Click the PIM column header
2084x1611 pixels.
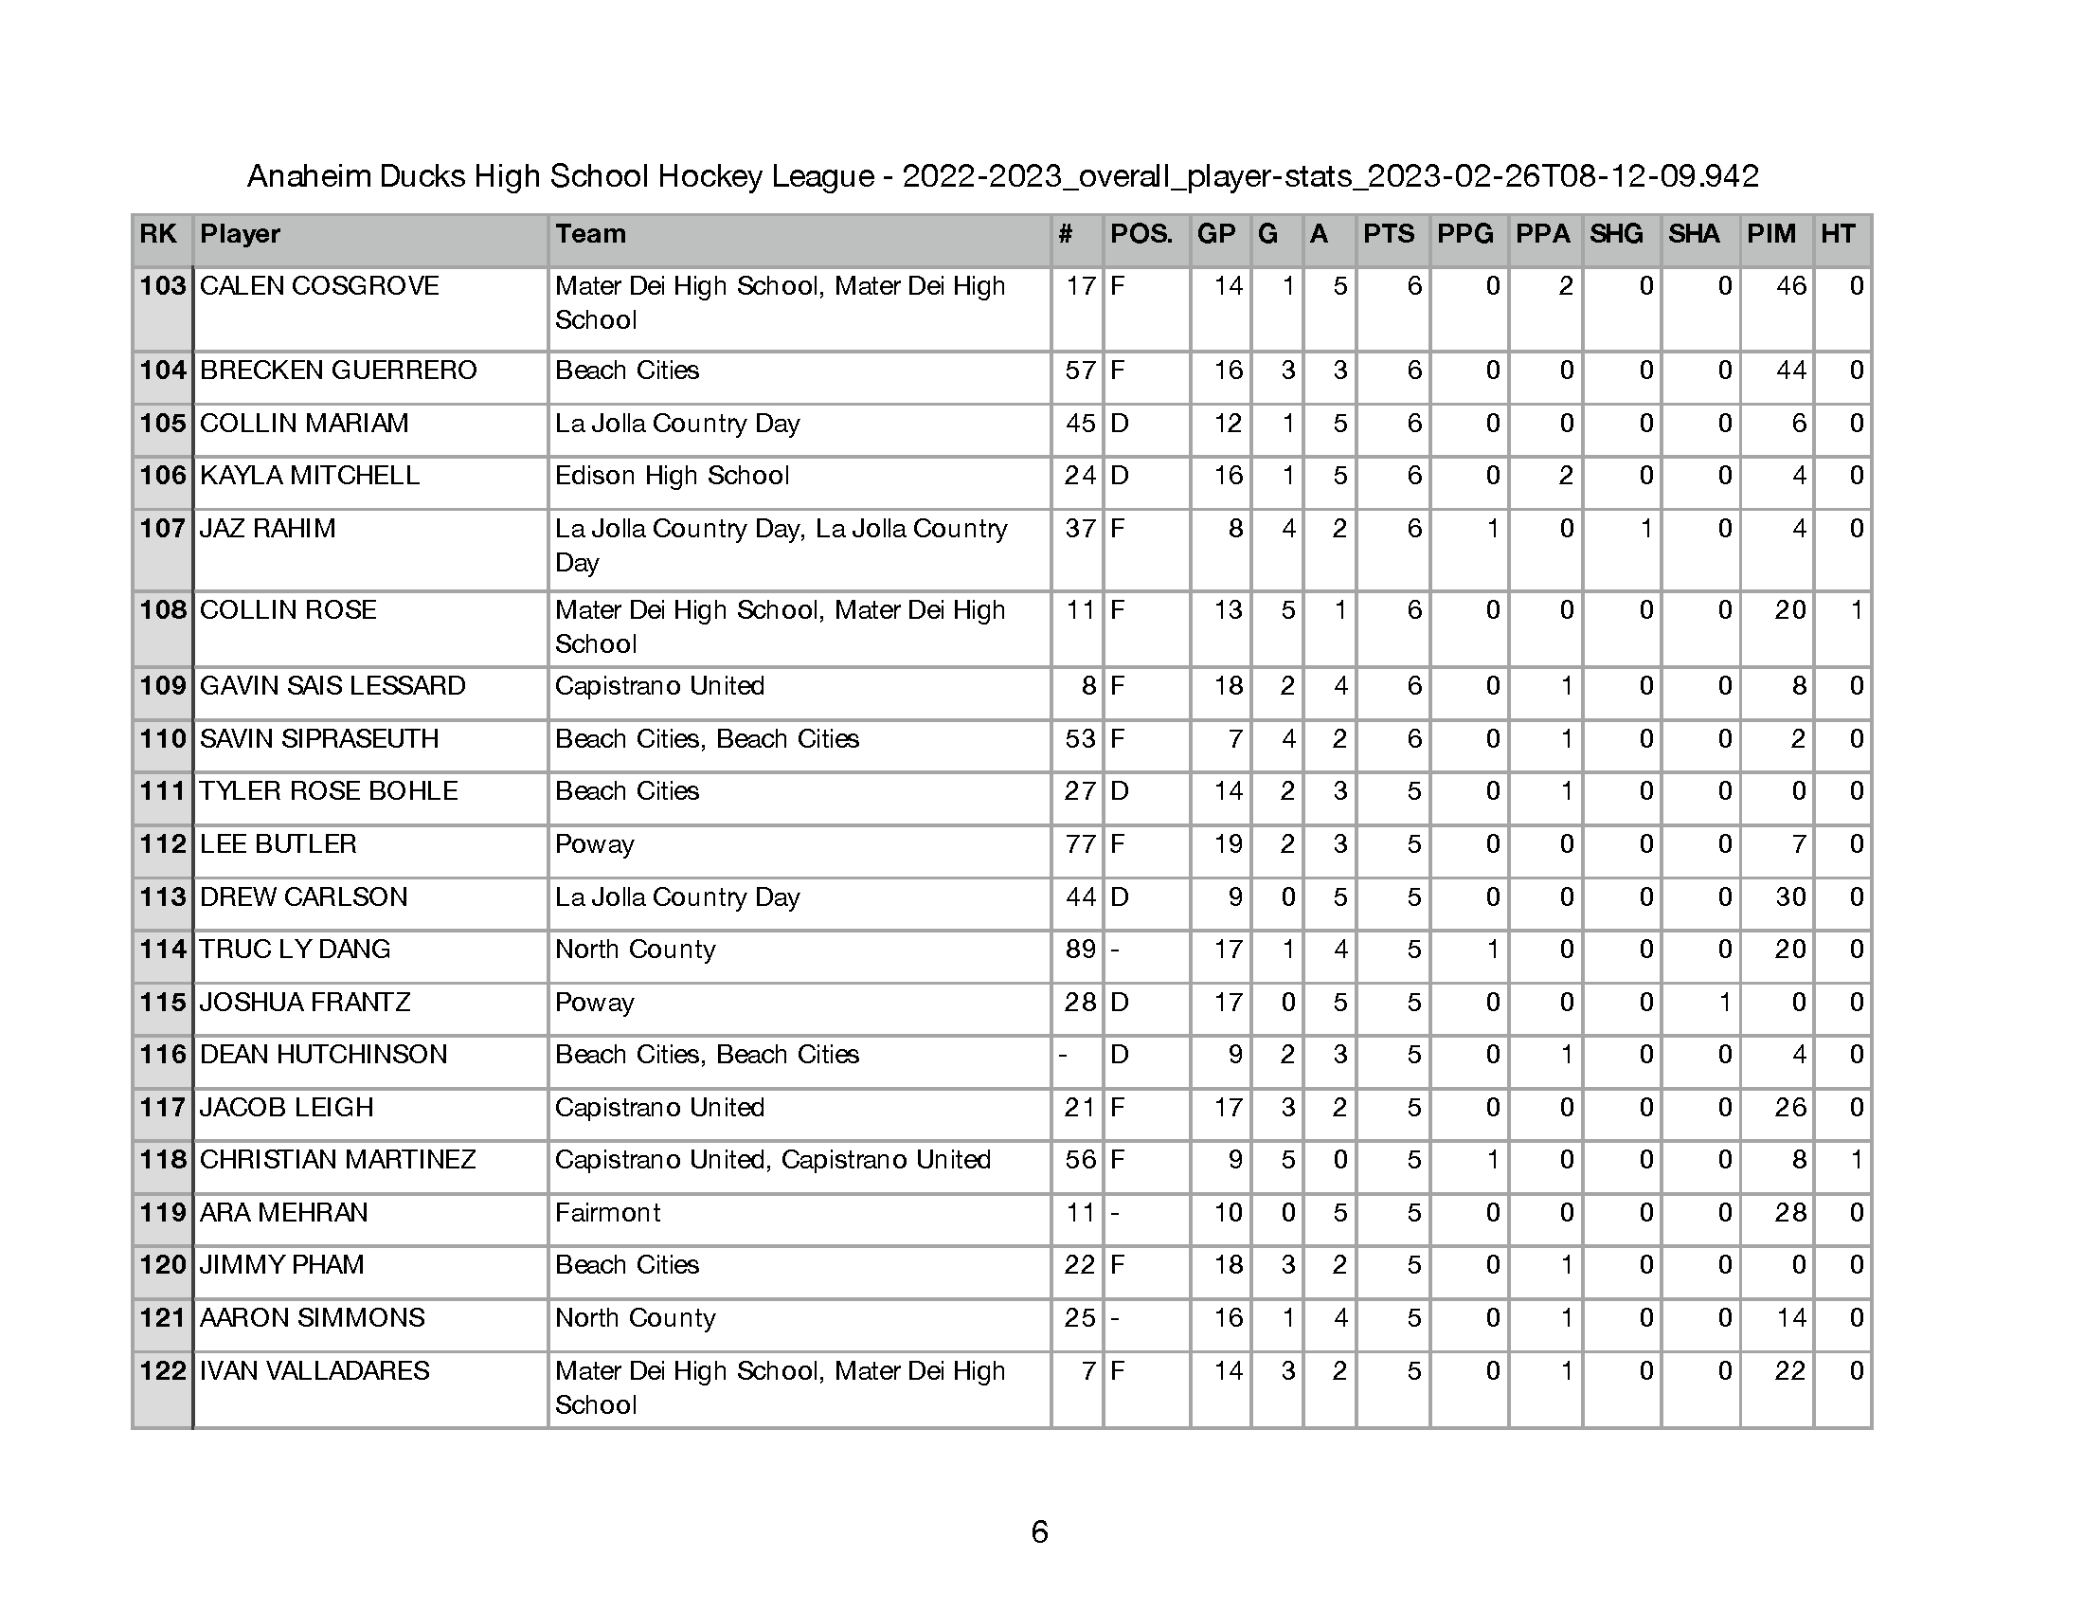(1771, 235)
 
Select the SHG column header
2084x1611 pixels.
(1615, 235)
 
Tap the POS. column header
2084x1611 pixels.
(1141, 235)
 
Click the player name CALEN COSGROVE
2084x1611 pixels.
(318, 286)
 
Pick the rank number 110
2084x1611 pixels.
(162, 740)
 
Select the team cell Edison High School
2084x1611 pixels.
(672, 477)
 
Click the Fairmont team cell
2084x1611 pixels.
(608, 1213)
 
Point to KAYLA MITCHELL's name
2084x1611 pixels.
(309, 477)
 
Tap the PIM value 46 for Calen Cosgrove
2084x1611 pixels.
(1790, 286)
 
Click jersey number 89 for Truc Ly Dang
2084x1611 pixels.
(1080, 950)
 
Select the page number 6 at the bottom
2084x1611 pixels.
(1040, 1531)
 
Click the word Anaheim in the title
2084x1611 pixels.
(308, 176)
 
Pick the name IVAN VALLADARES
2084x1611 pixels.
(314, 1371)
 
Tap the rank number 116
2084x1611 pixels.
(162, 1055)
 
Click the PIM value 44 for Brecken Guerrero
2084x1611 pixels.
(1790, 371)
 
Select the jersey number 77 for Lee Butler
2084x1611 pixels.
(1080, 844)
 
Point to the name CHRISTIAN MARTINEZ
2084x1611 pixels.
(337, 1160)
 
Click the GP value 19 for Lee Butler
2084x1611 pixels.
(1228, 844)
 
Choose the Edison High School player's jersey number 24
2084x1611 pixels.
(1080, 477)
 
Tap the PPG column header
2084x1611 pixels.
(1464, 235)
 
